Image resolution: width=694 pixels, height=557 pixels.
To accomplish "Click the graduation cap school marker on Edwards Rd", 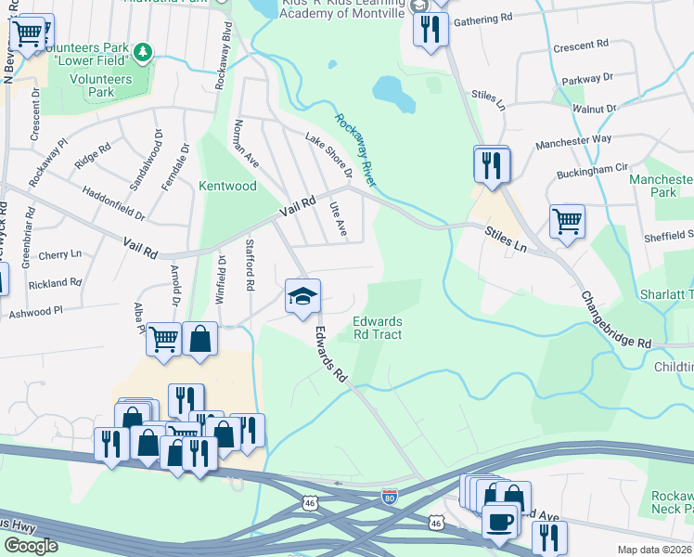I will pos(302,297).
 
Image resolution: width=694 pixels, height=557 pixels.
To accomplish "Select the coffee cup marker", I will pos(501,522).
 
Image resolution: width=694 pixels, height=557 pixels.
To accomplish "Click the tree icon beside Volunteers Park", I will pos(142,50).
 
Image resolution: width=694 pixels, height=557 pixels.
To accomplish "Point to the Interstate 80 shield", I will pos(391,499).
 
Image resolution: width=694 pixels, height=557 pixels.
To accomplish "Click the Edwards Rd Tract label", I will pos(378,328).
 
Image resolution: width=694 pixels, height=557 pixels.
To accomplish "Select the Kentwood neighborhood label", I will pos(227,186).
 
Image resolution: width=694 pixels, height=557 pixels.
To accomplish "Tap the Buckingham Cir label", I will pos(593,170).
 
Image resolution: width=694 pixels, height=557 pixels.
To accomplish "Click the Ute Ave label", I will pos(338,219).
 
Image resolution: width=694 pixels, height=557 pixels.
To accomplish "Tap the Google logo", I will pos(31,546).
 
